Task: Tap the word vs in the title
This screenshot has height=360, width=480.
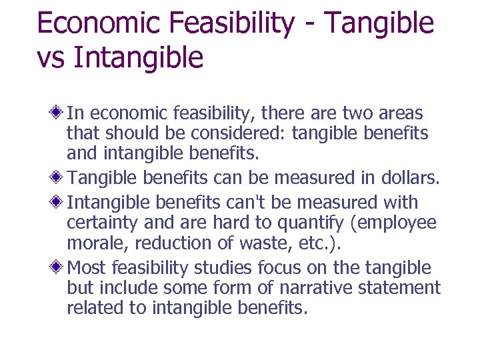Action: [x=51, y=57]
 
